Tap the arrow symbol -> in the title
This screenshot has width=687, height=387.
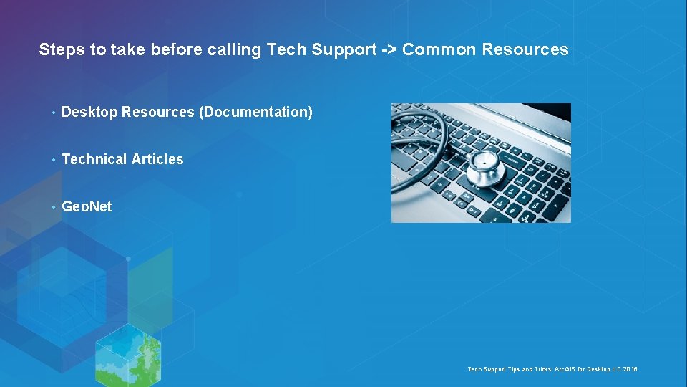pyautogui.click(x=389, y=50)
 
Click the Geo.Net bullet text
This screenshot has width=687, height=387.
pyautogui.click(x=87, y=207)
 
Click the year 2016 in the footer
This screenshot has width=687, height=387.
pyautogui.click(x=630, y=369)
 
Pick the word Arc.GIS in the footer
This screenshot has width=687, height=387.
pyautogui.click(x=564, y=369)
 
